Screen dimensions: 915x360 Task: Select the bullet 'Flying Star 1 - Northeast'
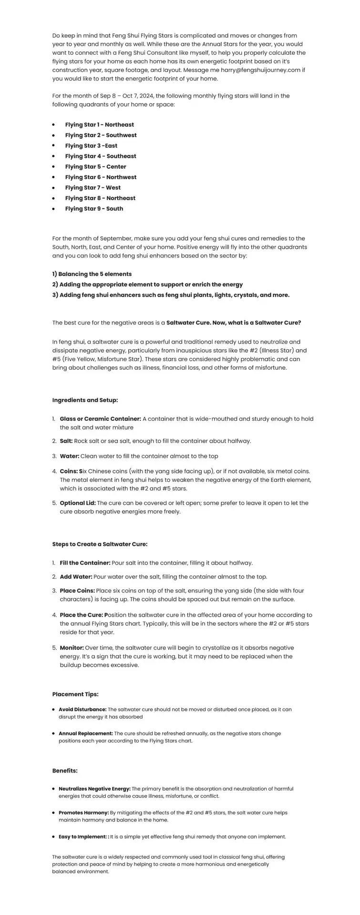tap(99, 125)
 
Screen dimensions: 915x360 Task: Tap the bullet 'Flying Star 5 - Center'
tap(95, 167)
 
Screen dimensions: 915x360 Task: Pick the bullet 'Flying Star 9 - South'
tap(94, 209)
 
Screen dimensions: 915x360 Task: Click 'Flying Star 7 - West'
tap(93, 188)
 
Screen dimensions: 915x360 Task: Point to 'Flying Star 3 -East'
tap(91, 146)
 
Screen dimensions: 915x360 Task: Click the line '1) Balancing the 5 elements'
tap(92, 274)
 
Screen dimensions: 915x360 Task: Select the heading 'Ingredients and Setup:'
tap(85, 400)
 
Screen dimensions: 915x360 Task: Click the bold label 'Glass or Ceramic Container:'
tap(100, 419)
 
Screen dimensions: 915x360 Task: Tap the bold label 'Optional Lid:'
tap(78, 503)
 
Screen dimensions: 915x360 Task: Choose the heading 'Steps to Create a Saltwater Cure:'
tap(100, 544)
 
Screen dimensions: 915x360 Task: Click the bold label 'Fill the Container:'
tap(85, 563)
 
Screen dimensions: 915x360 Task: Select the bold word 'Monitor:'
tap(72, 648)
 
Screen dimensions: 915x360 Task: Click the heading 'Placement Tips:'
tap(75, 694)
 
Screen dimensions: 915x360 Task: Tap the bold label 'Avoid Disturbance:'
tap(82, 710)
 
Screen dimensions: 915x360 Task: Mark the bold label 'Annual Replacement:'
tap(86, 733)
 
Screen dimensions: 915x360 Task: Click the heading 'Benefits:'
tap(65, 771)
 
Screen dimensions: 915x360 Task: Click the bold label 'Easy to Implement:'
tap(82, 836)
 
